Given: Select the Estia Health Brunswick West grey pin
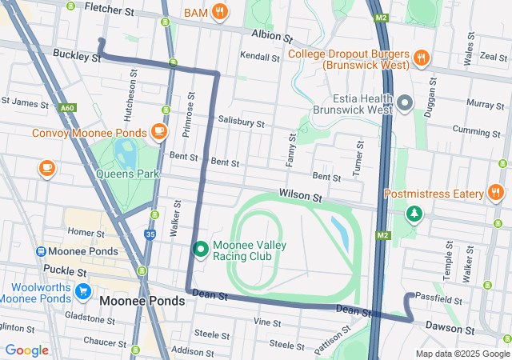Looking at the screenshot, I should click(405, 102).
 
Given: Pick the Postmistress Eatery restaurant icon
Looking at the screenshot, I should click(495, 193).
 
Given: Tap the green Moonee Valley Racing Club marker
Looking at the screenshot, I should click(201, 250).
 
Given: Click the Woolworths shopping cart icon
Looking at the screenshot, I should click(83, 291).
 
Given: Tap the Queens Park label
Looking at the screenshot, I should click(127, 174).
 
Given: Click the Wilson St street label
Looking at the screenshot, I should click(300, 195).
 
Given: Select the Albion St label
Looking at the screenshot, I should click(271, 36).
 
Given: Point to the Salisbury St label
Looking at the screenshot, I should click(241, 122).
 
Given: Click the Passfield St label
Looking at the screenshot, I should click(439, 300).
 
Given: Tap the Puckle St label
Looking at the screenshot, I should click(66, 271).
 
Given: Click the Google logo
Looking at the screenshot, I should click(27, 350).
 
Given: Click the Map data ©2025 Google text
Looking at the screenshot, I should click(462, 354).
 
